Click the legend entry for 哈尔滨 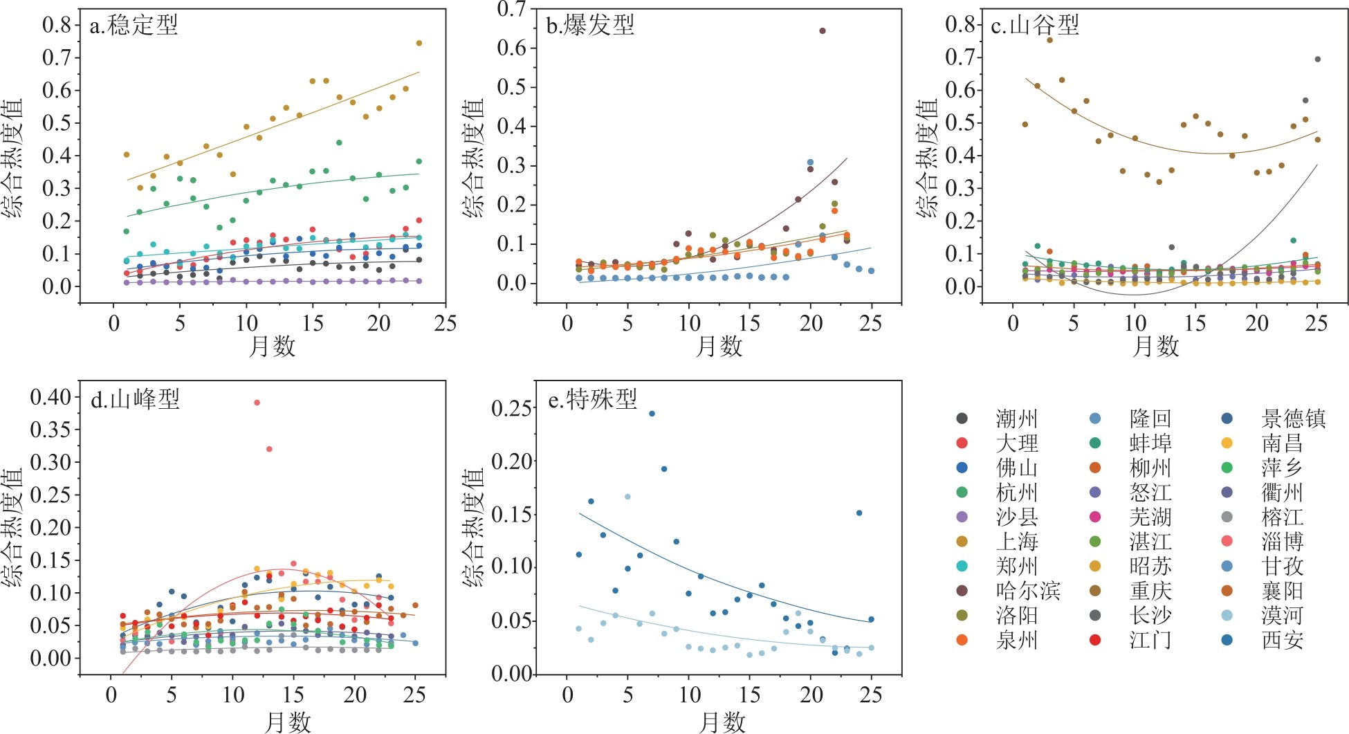coord(1027,591)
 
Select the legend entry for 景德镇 coord(1293,419)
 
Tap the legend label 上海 coord(1016,542)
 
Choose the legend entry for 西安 coord(1282,640)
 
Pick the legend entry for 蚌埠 coord(1150,443)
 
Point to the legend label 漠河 coord(1282,616)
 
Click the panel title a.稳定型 coord(134,26)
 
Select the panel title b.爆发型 coord(590,26)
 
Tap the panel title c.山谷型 coord(1035,26)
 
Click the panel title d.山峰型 coord(135,399)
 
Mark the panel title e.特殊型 coord(592,399)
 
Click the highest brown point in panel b coord(822,30)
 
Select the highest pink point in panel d coord(257,403)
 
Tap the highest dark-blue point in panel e coord(652,414)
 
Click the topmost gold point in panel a coord(419,43)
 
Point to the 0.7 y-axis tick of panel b coord(512,9)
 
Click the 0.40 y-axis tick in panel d coord(51,397)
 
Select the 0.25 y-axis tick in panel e coord(512,408)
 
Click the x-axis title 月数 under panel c coord(1155,346)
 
